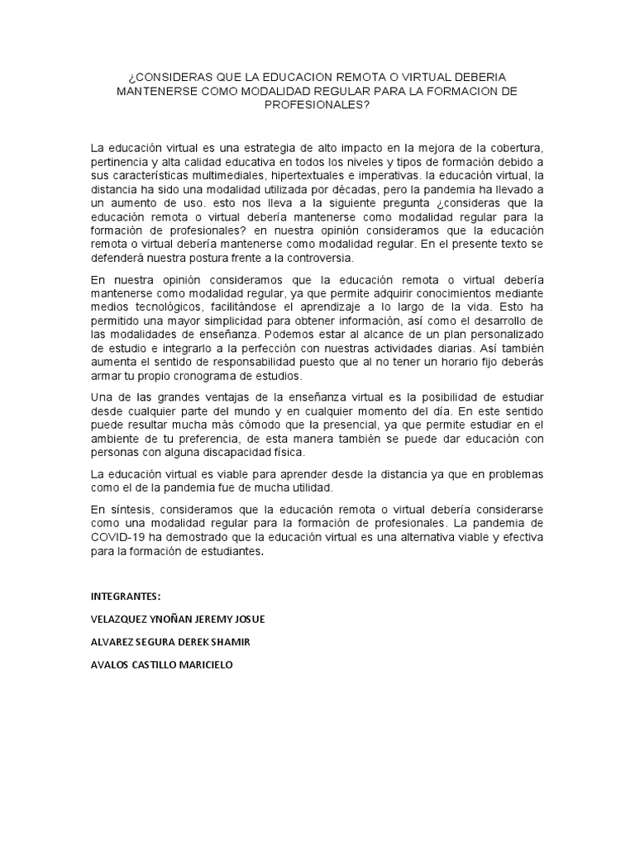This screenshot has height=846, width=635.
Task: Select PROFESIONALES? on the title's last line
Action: pyautogui.click(x=317, y=105)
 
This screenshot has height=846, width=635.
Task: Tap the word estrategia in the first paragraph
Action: pyautogui.click(x=255, y=147)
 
